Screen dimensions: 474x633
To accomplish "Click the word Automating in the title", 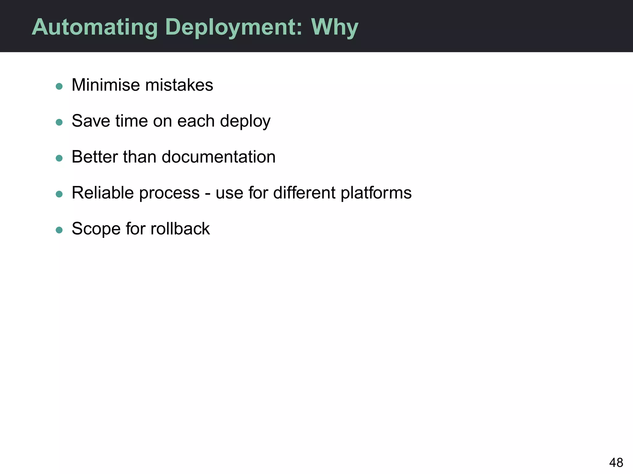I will (95, 27).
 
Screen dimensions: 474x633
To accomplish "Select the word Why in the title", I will (334, 27).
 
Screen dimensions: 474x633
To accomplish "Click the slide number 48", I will (616, 463).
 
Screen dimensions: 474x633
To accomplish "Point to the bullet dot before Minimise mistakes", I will (59, 86).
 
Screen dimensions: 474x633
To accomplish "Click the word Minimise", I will (105, 85).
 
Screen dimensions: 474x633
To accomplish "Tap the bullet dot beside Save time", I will (59, 122).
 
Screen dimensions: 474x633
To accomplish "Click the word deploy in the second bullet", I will (245, 121).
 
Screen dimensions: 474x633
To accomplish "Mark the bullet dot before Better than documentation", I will (59, 158).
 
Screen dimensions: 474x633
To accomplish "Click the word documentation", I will (219, 157).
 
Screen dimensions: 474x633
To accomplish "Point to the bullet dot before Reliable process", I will (59, 194).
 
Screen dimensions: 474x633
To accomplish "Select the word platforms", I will (376, 193).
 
